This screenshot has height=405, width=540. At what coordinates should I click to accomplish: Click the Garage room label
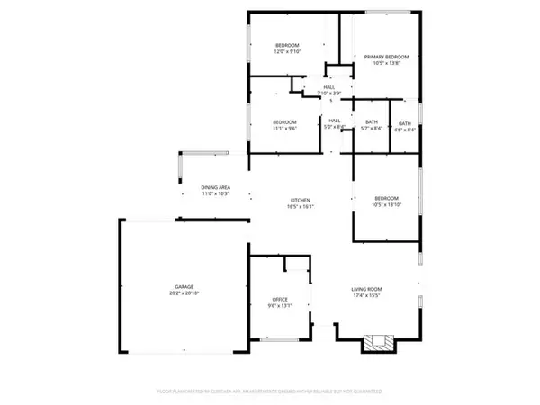pyautogui.click(x=182, y=287)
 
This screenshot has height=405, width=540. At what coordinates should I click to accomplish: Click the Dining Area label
pyautogui.click(x=215, y=187)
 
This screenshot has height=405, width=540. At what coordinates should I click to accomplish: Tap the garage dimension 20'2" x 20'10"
pyautogui.click(x=182, y=294)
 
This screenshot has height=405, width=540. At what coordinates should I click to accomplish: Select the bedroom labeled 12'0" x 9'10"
pyautogui.click(x=287, y=48)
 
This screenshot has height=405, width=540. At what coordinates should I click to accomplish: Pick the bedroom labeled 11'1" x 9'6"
pyautogui.click(x=284, y=124)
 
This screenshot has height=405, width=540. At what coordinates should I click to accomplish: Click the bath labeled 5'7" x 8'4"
pyautogui.click(x=371, y=125)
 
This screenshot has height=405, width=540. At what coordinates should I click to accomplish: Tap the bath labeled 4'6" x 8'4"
pyautogui.click(x=405, y=126)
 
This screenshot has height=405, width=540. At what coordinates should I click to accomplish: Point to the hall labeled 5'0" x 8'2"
pyautogui.click(x=335, y=123)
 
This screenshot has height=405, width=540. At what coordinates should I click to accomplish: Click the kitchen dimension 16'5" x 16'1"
pyautogui.click(x=300, y=206)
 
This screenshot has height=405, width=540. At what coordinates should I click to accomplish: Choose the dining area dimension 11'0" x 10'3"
pyautogui.click(x=215, y=194)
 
